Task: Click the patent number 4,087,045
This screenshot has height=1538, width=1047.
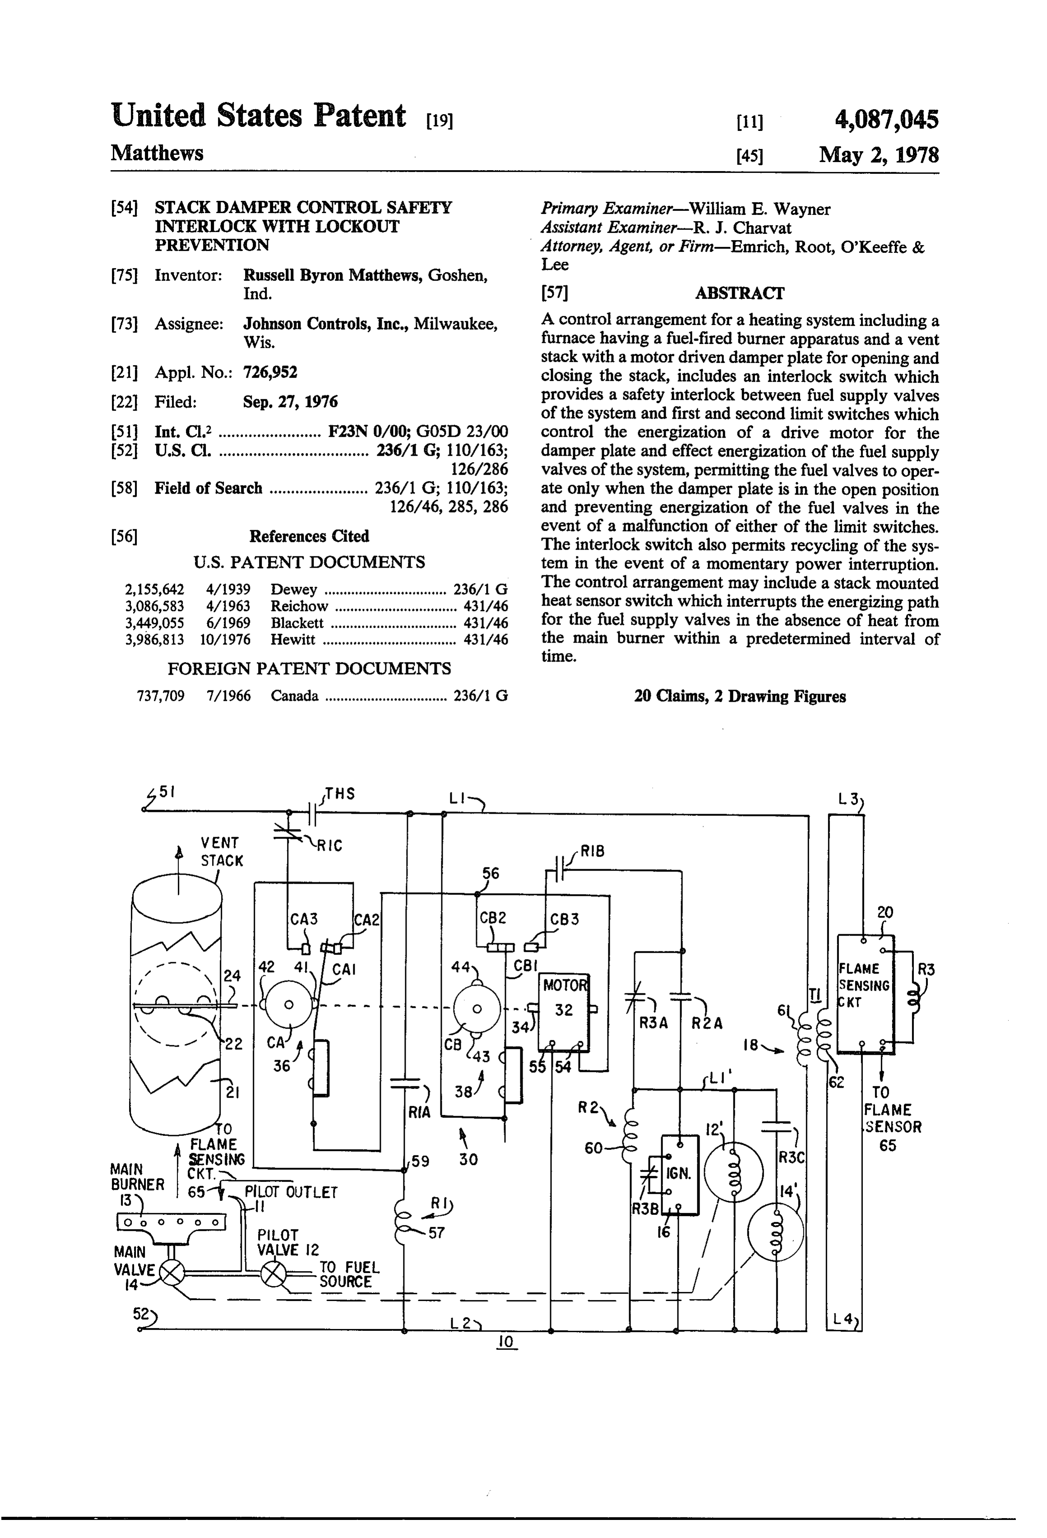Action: coord(886,120)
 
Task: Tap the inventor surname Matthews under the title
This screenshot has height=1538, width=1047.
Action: coord(157,153)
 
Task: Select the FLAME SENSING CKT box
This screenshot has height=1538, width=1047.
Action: coord(865,993)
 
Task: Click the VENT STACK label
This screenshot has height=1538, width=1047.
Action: coord(222,852)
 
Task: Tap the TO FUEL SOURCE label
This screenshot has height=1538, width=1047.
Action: coord(349,1274)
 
